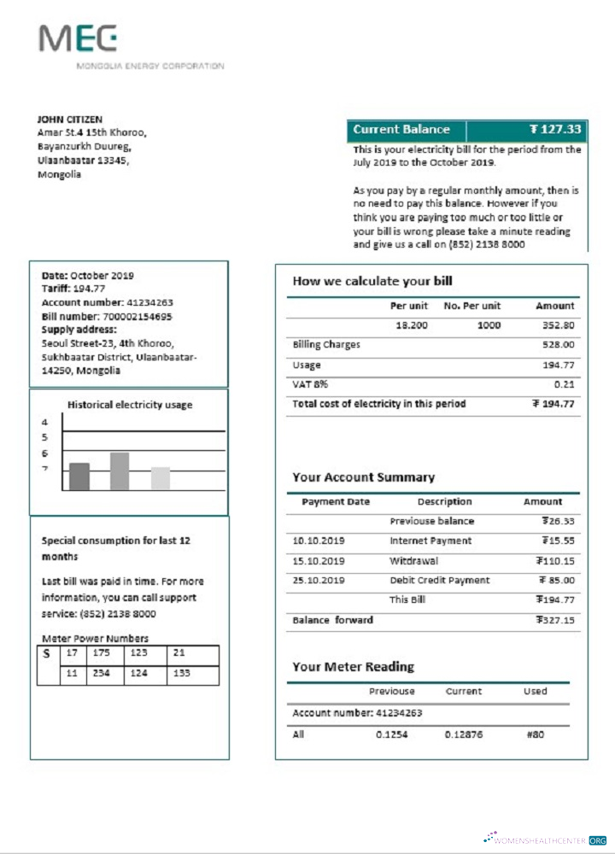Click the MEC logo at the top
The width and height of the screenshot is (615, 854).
(78, 38)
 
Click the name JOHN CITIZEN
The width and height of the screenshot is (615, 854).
(69, 120)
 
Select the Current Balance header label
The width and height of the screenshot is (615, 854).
(401, 130)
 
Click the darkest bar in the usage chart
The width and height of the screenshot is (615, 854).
(79, 477)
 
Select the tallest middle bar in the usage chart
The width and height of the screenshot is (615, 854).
(120, 471)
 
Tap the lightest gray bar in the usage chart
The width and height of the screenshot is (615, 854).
(160, 478)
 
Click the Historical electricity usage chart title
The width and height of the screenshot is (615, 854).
(130, 405)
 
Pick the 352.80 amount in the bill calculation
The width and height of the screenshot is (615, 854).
(559, 325)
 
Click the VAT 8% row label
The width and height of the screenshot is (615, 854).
(310, 384)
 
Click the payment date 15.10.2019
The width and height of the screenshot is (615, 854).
(319, 561)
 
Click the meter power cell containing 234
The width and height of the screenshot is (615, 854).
(102, 674)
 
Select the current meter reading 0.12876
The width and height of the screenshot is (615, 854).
(465, 734)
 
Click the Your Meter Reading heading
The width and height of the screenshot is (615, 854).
(353, 666)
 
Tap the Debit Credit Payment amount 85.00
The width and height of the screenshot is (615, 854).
(557, 581)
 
